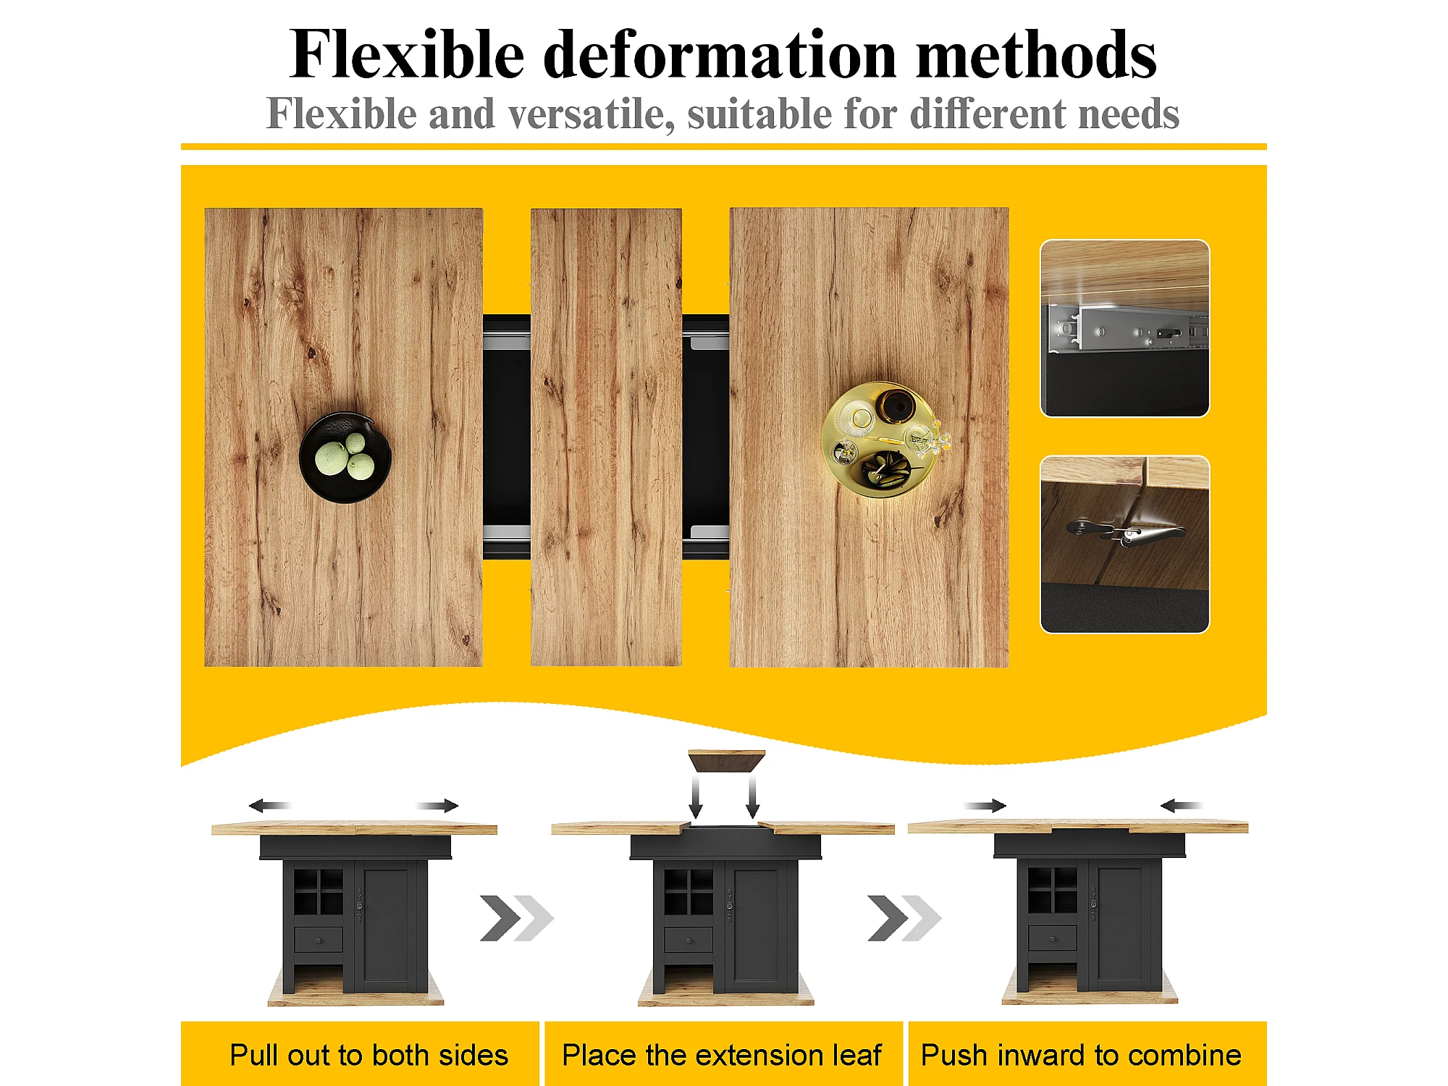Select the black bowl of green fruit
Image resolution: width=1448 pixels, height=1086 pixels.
tap(345, 458)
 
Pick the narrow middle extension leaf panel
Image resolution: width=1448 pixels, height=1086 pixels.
tap(606, 437)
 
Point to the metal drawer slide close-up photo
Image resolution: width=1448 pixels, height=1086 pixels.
tap(1125, 328)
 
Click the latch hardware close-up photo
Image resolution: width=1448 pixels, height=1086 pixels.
tap(1125, 544)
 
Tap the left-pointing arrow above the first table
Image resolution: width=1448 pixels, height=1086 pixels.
tap(269, 805)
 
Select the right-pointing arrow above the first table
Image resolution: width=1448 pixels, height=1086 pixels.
tap(437, 805)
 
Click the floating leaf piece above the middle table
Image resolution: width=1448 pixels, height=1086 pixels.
tap(726, 760)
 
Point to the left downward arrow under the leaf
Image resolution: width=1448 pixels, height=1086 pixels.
tap(696, 797)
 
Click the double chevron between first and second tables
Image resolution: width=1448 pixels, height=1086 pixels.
tap(517, 918)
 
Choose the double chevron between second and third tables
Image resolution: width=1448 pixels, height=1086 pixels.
tap(905, 918)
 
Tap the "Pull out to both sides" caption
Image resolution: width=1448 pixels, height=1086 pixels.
tap(369, 1055)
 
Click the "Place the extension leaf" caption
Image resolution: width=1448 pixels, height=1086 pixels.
tap(722, 1055)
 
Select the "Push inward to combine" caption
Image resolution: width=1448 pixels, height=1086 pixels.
tap(1081, 1055)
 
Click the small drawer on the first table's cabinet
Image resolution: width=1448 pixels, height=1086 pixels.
tap(319, 940)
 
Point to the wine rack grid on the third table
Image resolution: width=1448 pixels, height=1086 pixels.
tap(1052, 889)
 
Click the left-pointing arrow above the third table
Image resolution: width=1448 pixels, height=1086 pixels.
tap(1182, 805)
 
